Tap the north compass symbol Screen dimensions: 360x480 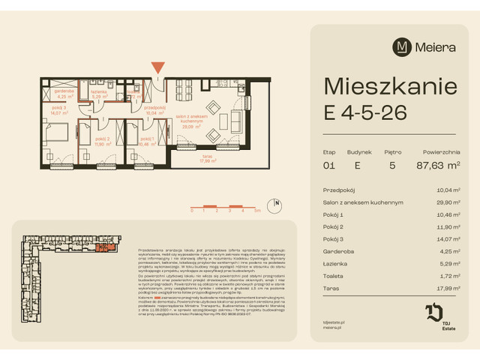pos(277,202)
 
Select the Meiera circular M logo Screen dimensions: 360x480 pos(402,46)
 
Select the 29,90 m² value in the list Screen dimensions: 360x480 pos(447,202)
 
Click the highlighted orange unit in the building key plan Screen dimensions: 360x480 pos(109,247)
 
